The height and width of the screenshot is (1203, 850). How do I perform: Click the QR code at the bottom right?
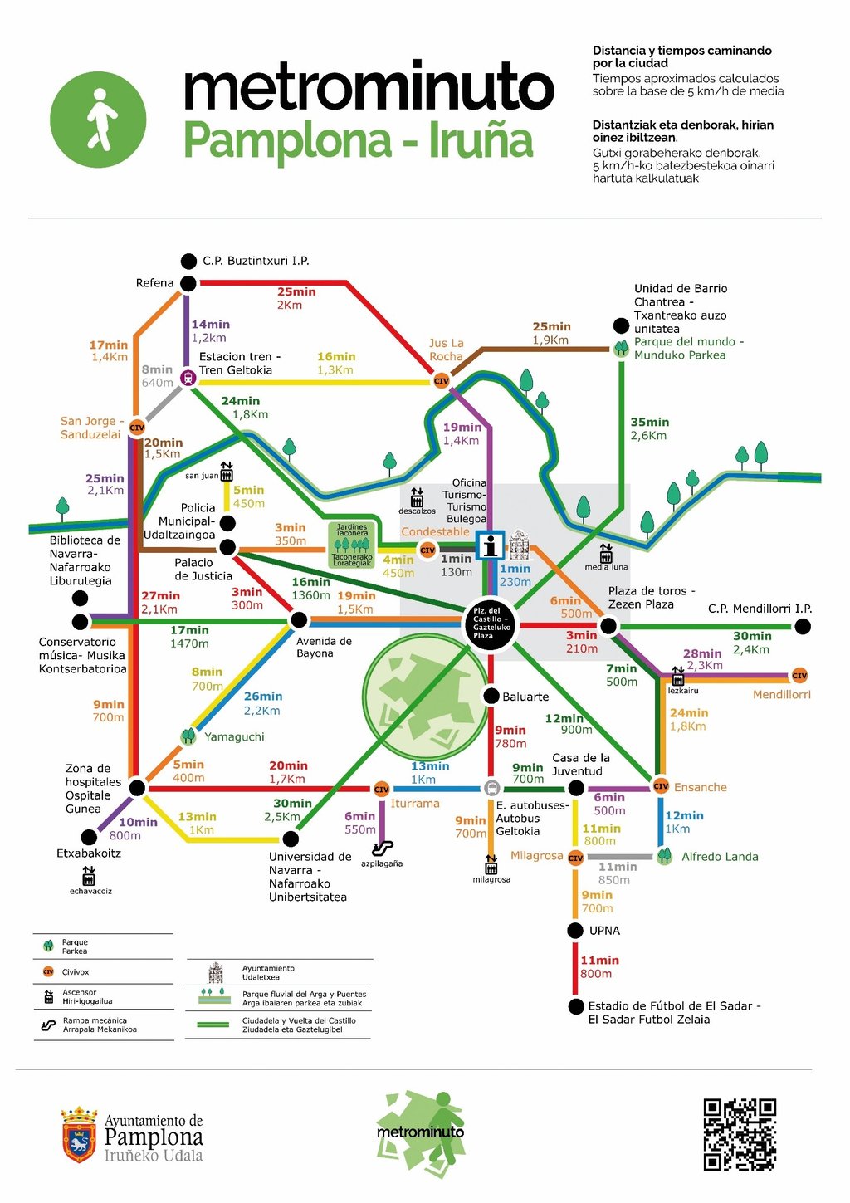740,1134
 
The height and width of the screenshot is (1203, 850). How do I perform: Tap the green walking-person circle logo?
98,120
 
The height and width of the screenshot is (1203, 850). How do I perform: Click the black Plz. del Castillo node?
490,623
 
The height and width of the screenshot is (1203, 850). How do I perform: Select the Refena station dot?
188,283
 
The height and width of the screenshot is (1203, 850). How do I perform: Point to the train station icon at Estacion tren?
188,379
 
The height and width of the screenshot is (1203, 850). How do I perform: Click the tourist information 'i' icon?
491,545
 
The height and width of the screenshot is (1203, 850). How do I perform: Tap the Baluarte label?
525,697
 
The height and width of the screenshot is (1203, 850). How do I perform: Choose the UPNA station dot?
575,931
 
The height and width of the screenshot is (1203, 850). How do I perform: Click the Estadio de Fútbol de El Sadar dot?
576,1006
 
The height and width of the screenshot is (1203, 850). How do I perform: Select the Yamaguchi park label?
234,736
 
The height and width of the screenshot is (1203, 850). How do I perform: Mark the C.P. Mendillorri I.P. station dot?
803,627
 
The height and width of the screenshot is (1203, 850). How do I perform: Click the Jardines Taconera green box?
352,545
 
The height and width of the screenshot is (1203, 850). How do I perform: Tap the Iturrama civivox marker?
382,789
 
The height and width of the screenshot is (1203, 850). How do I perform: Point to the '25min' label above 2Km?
296,291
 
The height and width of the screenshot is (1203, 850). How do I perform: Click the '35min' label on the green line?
649,422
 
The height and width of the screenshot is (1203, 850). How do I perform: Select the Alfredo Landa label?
720,857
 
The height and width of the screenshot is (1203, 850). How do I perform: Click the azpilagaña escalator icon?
382,848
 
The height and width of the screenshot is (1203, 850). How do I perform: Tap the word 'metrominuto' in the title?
369,86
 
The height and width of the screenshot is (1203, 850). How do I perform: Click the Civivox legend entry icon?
48,971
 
